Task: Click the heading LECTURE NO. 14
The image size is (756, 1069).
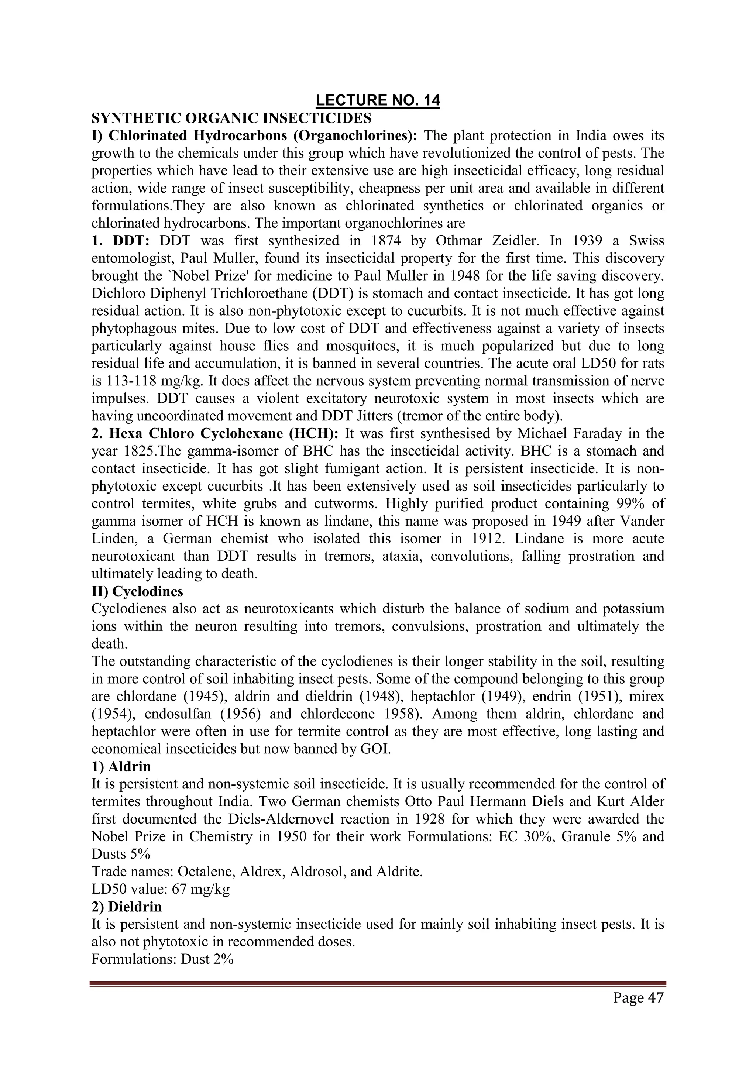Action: coord(378,100)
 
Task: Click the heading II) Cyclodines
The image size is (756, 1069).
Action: coord(137,592)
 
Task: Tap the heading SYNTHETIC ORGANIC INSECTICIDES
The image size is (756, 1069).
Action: coord(231,118)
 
